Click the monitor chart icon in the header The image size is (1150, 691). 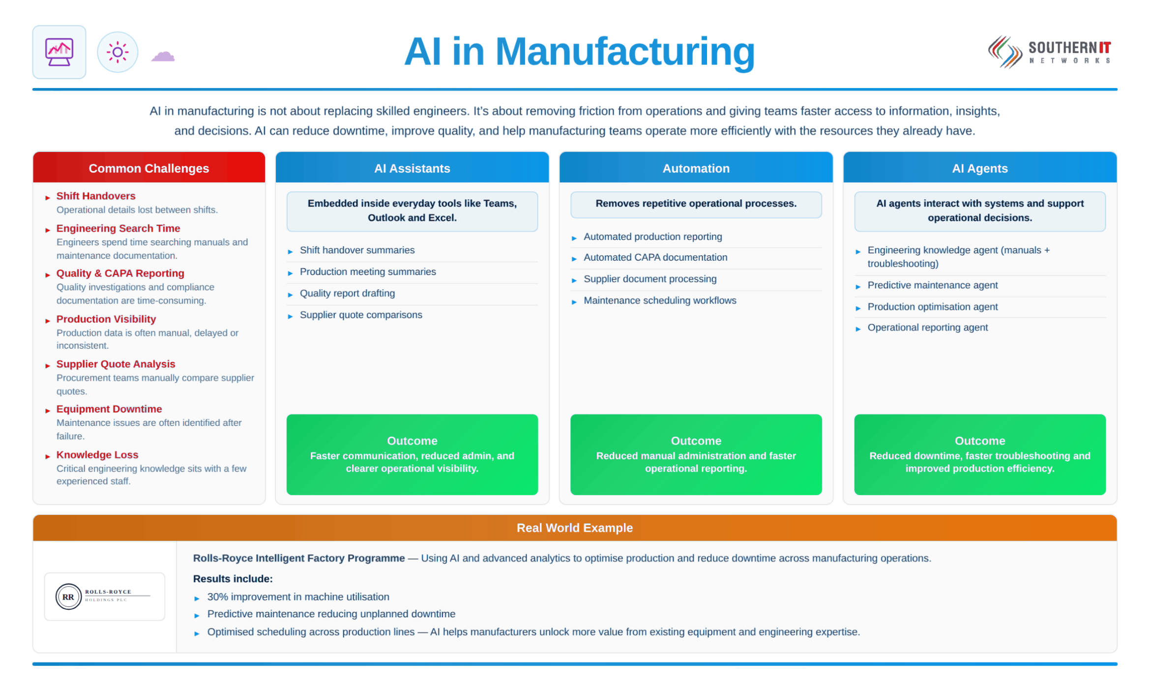click(59, 52)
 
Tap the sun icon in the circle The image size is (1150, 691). click(118, 52)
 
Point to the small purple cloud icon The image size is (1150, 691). click(163, 56)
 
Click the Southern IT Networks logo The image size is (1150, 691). click(1050, 52)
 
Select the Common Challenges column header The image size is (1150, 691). click(149, 168)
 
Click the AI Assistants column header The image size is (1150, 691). click(412, 168)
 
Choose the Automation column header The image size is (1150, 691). click(696, 168)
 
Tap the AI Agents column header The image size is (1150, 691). click(979, 168)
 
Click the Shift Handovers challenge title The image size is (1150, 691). click(96, 196)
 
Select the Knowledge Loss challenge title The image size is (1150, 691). click(97, 455)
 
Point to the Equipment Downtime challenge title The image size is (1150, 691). click(109, 409)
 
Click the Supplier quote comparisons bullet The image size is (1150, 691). click(361, 315)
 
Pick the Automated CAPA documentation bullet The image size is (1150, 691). click(655, 257)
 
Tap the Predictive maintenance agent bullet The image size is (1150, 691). click(933, 285)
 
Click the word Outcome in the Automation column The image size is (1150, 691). click(696, 441)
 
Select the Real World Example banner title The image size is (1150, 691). click(575, 528)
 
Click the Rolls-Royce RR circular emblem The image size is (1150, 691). click(68, 597)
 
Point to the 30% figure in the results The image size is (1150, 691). click(218, 597)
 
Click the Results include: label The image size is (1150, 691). click(233, 579)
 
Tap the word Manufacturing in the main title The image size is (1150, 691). click(625, 52)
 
